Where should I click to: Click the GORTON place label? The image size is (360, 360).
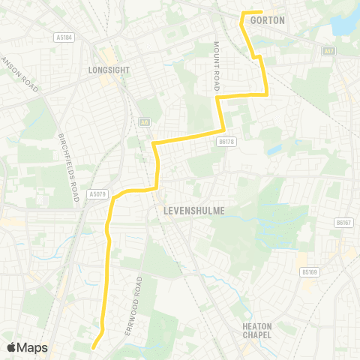pos(268,20)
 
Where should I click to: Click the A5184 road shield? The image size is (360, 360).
pos(63,36)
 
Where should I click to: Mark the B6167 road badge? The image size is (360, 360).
pos(343,223)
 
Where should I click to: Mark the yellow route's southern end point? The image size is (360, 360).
pos(93,347)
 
